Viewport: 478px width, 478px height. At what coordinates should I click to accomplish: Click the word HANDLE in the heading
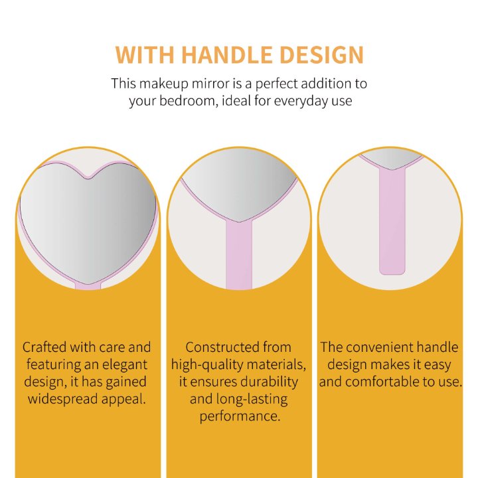(x=227, y=55)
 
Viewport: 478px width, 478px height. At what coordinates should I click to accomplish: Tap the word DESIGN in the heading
(x=321, y=55)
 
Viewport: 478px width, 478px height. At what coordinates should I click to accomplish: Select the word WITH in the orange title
(x=145, y=55)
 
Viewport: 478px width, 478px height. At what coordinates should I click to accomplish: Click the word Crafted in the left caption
(x=44, y=347)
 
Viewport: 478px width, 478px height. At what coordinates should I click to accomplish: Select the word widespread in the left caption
(x=63, y=399)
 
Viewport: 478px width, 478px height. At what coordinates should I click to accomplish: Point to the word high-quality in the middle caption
(x=207, y=365)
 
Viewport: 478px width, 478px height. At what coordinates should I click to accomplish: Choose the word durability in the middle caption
(x=269, y=382)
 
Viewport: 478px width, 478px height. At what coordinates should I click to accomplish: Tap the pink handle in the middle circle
(x=239, y=255)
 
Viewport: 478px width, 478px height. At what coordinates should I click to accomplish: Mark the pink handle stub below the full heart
(x=88, y=286)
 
